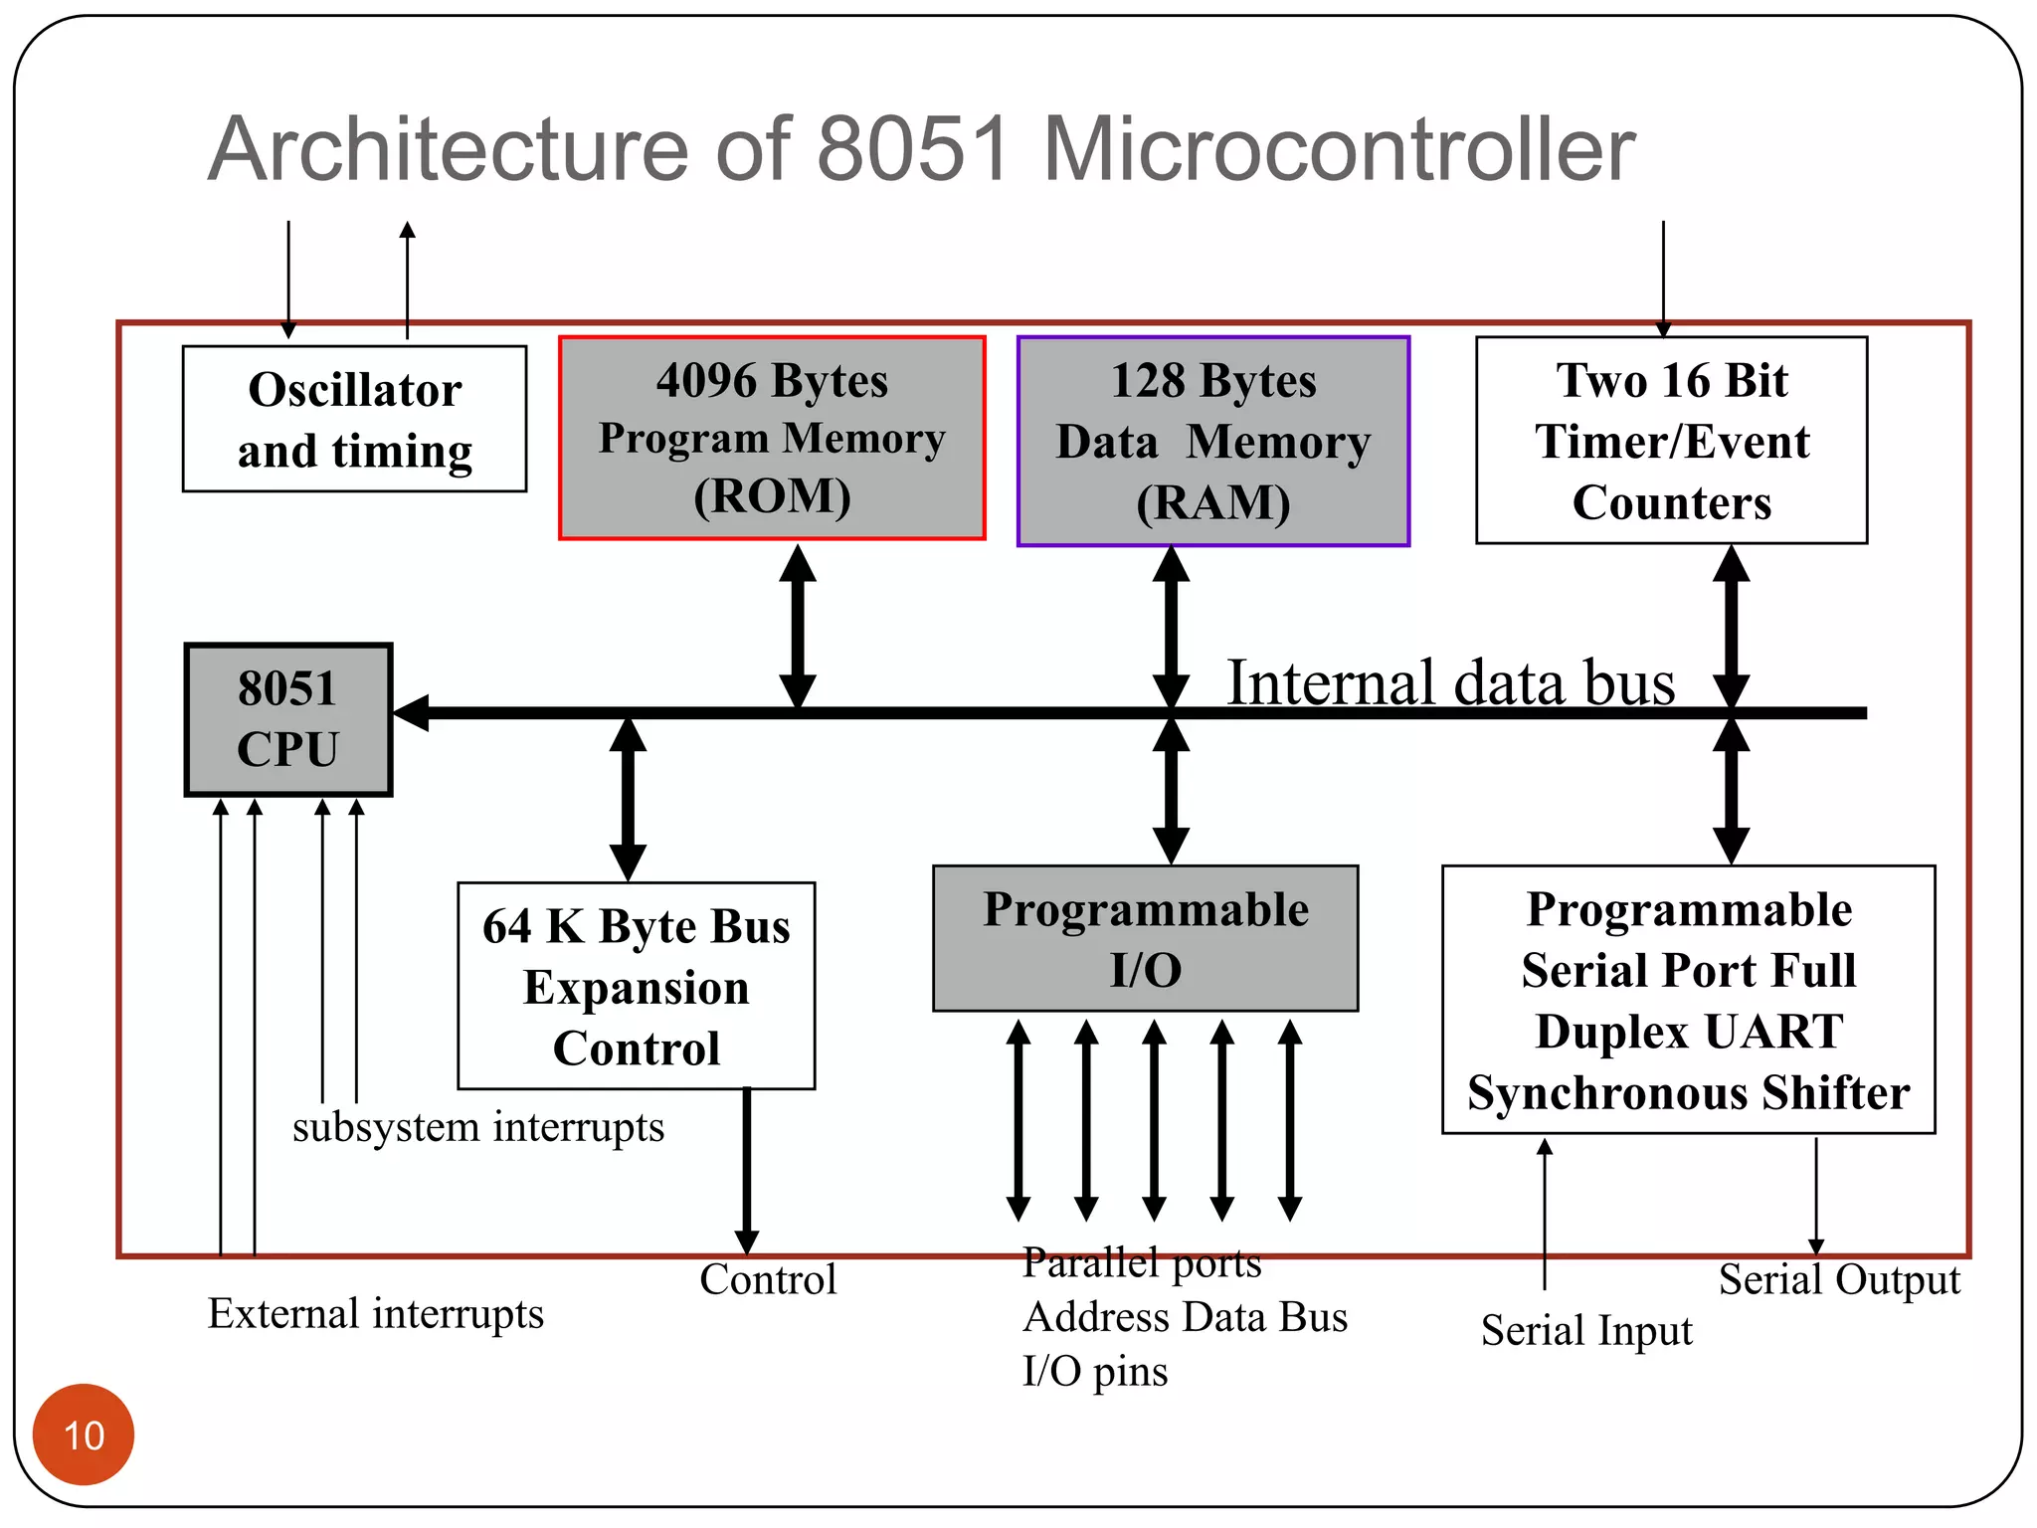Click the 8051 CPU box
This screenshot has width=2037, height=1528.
pyautogui.click(x=288, y=719)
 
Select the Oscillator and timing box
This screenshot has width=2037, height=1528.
pyautogui.click(x=354, y=419)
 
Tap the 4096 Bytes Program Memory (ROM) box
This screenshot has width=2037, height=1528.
pyautogui.click(x=772, y=439)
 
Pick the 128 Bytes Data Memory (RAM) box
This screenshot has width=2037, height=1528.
pyautogui.click(x=1212, y=442)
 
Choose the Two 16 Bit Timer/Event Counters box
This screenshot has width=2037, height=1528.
pyautogui.click(x=1671, y=441)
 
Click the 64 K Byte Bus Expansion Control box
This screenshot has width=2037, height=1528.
pyautogui.click(x=636, y=986)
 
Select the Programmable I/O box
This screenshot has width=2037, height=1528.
pyautogui.click(x=1145, y=938)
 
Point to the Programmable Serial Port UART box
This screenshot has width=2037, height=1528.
pyautogui.click(x=1688, y=1000)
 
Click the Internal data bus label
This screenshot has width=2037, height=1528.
pyautogui.click(x=1450, y=683)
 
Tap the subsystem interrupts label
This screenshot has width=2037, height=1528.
pyautogui.click(x=477, y=1127)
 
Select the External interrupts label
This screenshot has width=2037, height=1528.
pyautogui.click(x=375, y=1313)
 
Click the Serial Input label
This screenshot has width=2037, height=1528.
pyautogui.click(x=1585, y=1330)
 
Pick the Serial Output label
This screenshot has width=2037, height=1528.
pyautogui.click(x=1839, y=1279)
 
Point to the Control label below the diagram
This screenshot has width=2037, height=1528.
pyautogui.click(x=768, y=1279)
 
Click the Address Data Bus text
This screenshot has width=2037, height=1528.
pyautogui.click(x=1185, y=1317)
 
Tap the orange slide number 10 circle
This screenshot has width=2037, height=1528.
pyautogui.click(x=84, y=1434)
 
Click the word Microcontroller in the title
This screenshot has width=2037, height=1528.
pyautogui.click(x=1338, y=149)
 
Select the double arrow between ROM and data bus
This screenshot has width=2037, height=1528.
pyautogui.click(x=798, y=626)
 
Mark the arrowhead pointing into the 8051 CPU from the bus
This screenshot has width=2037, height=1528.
pyautogui.click(x=412, y=712)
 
